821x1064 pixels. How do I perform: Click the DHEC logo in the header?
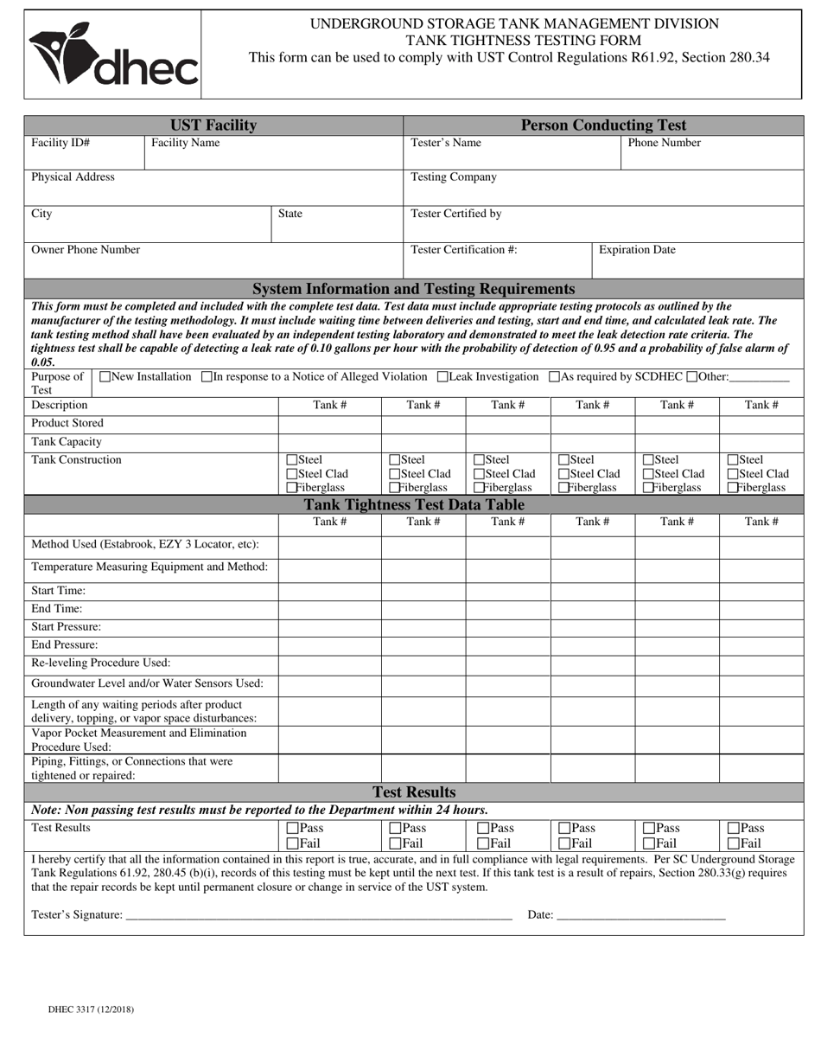pos(113,54)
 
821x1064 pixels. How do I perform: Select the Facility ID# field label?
pos(60,143)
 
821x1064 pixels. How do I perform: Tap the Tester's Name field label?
pos(446,143)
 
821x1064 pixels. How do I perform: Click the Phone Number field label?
pos(664,143)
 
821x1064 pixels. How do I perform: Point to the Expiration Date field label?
pos(637,250)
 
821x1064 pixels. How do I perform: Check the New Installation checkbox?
pos(105,376)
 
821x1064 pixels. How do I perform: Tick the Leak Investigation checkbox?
pos(443,376)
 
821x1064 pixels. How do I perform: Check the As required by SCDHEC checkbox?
pos(555,376)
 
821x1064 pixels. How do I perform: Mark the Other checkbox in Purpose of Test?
pos(691,376)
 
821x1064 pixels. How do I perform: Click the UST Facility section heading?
pos(213,125)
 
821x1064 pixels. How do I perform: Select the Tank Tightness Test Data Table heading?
pos(414,504)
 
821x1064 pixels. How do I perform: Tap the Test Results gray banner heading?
pos(414,792)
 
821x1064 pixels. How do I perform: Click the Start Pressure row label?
pos(66,626)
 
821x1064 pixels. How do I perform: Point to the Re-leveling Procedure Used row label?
pos(101,663)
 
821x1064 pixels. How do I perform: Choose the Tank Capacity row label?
pos(67,441)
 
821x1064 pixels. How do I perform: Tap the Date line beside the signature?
pos(640,915)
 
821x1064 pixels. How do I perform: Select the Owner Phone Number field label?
pos(86,250)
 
